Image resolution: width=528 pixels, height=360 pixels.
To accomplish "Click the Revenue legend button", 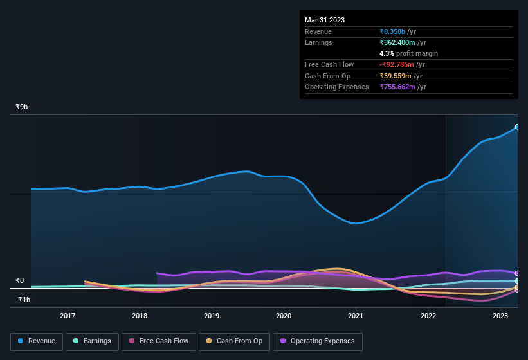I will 37,341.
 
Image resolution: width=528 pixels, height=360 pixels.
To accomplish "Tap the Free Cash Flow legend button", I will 159,341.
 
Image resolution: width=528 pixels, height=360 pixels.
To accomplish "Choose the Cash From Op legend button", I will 234,341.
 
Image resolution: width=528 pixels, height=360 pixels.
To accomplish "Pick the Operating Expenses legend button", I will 317,341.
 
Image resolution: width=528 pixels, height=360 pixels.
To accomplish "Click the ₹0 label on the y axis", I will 20,280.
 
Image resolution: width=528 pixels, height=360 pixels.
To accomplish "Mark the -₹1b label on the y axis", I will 23,300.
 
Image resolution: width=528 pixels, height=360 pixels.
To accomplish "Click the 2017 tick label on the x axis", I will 68,316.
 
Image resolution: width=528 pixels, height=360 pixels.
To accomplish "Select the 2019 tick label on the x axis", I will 212,316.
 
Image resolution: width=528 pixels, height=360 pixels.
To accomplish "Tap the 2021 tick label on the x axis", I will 356,316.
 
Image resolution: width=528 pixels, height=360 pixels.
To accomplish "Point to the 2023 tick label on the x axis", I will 500,316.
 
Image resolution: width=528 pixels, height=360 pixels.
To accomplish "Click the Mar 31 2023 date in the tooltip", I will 325,20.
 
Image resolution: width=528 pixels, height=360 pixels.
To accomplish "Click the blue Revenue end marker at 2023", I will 516,127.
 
